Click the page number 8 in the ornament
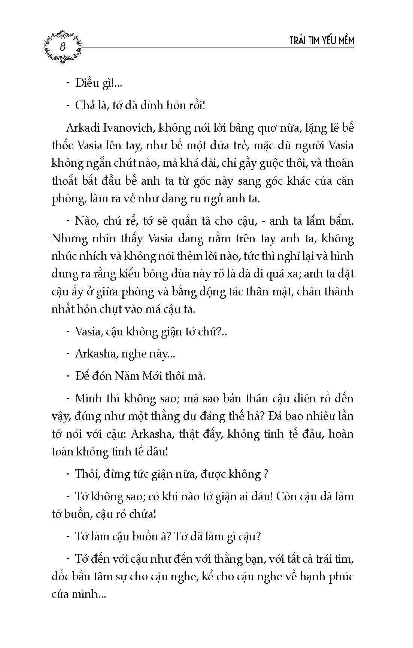[63, 47]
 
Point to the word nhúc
[64, 257]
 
